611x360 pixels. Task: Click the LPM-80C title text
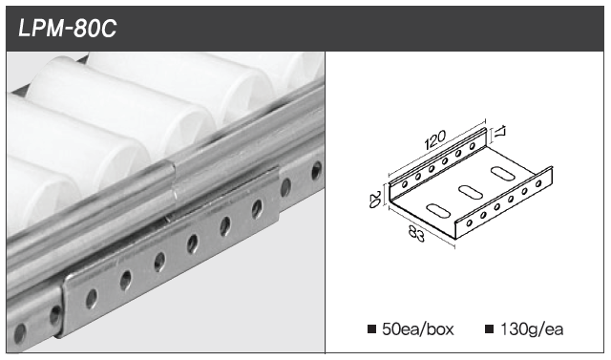(x=68, y=29)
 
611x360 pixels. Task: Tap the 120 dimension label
(x=435, y=139)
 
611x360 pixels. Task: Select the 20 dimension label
(x=374, y=199)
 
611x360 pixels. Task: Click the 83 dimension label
(x=416, y=233)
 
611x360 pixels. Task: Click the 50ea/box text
(x=418, y=329)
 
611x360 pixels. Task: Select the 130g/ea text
(x=532, y=329)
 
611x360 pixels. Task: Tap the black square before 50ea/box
(x=371, y=329)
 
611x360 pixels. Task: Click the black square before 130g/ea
(x=489, y=329)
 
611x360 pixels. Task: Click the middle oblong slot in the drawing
(x=471, y=191)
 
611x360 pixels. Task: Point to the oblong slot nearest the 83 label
(x=438, y=211)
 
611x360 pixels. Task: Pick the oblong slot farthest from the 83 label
(x=502, y=173)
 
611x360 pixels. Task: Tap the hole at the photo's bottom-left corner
(x=19, y=333)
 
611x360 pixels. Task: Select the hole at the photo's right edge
(x=316, y=171)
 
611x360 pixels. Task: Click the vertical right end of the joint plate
(x=278, y=195)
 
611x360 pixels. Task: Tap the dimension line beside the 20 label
(x=386, y=195)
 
